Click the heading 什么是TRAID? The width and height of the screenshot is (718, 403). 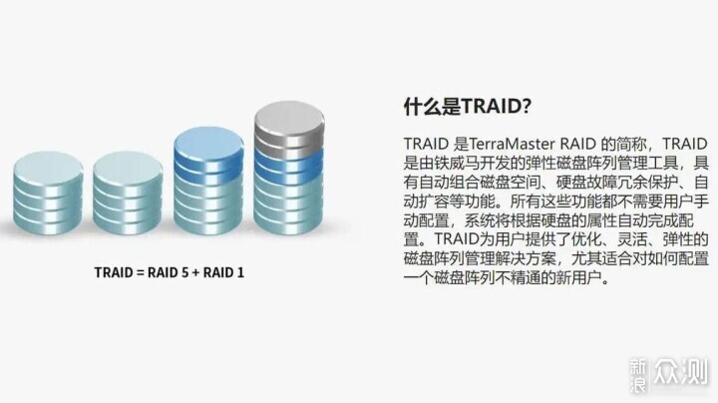[467, 107]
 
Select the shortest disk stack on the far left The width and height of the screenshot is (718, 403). [48, 194]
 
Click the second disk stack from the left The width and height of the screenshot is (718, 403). [128, 194]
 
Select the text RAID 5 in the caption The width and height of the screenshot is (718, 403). [169, 272]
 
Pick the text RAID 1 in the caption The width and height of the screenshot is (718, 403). [223, 272]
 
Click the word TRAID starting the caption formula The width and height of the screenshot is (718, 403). [114, 272]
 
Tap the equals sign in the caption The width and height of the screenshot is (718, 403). [141, 273]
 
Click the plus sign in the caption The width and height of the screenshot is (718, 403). [196, 273]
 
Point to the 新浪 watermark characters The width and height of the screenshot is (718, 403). [638, 375]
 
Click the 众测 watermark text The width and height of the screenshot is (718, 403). [681, 371]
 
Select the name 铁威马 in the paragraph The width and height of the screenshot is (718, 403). [457, 163]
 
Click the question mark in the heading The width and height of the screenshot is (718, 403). [526, 107]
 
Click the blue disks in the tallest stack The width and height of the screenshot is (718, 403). [289, 166]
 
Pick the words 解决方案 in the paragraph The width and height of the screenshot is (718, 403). [526, 259]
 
